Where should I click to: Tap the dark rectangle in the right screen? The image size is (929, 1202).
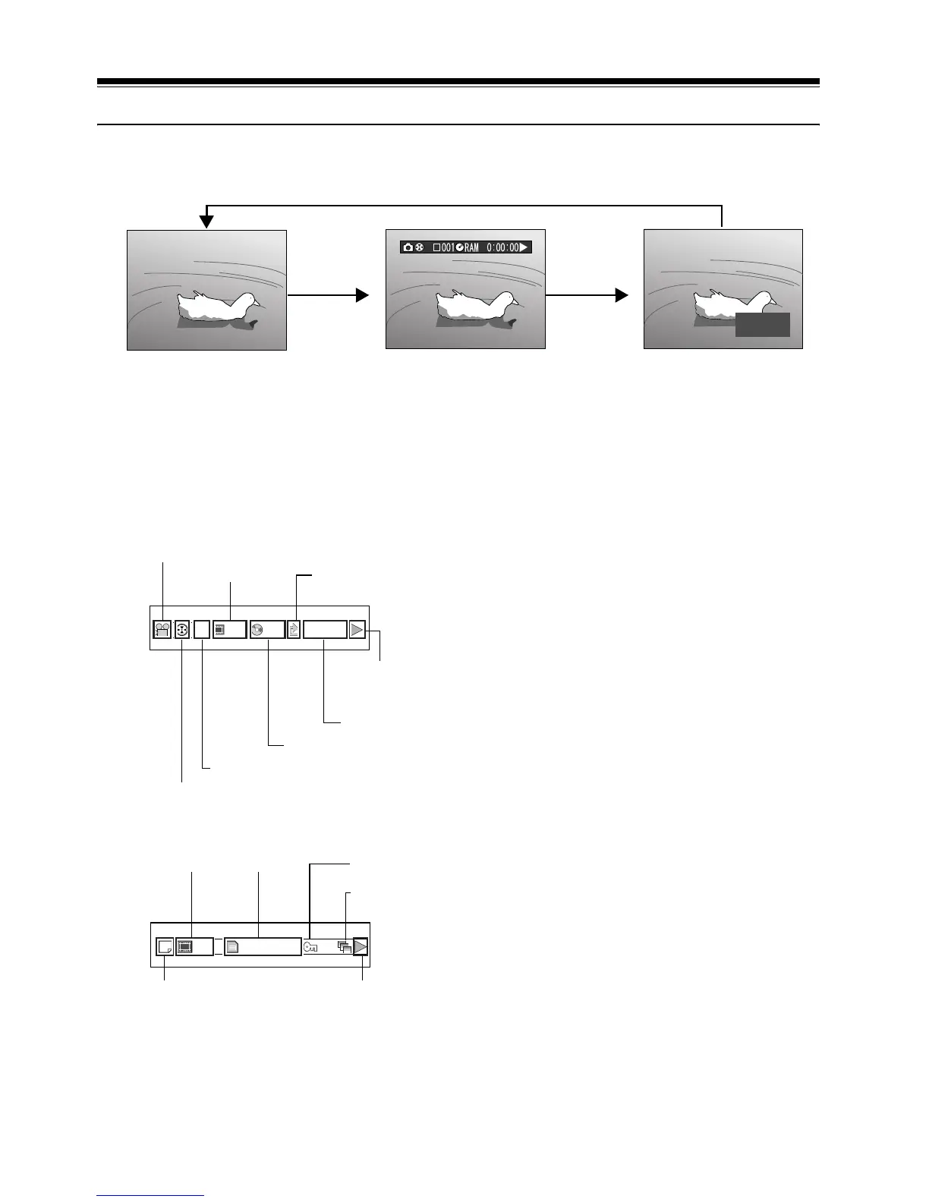762,324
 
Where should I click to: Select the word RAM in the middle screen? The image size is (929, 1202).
471,247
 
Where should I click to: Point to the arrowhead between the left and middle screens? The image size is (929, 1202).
361,295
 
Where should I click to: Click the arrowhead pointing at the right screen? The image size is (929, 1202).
622,295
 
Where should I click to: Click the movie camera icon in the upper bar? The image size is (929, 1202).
162,629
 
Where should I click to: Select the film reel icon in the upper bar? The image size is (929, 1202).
182,629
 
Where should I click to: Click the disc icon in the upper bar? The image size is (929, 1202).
259,629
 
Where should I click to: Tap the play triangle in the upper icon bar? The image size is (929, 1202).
357,629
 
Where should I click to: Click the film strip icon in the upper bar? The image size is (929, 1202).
220,629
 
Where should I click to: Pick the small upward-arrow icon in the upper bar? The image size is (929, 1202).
294,629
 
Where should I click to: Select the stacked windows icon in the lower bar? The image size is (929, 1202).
345,946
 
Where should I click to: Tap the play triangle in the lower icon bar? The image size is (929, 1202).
361,946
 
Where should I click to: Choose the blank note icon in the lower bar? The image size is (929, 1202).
163,946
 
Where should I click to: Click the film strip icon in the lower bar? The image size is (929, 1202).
185,946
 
